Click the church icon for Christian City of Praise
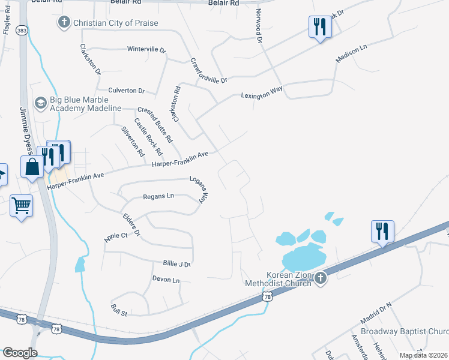click(x=64, y=23)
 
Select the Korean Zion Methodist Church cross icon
click(x=321, y=278)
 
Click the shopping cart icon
click(x=22, y=206)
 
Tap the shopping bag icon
click(x=32, y=166)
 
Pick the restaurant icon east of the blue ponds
click(x=382, y=230)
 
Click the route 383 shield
click(x=22, y=29)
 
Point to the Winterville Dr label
click(x=146, y=49)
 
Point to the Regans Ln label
click(x=158, y=196)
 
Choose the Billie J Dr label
click(x=176, y=264)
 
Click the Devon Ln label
click(x=166, y=280)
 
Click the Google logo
click(x=20, y=353)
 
